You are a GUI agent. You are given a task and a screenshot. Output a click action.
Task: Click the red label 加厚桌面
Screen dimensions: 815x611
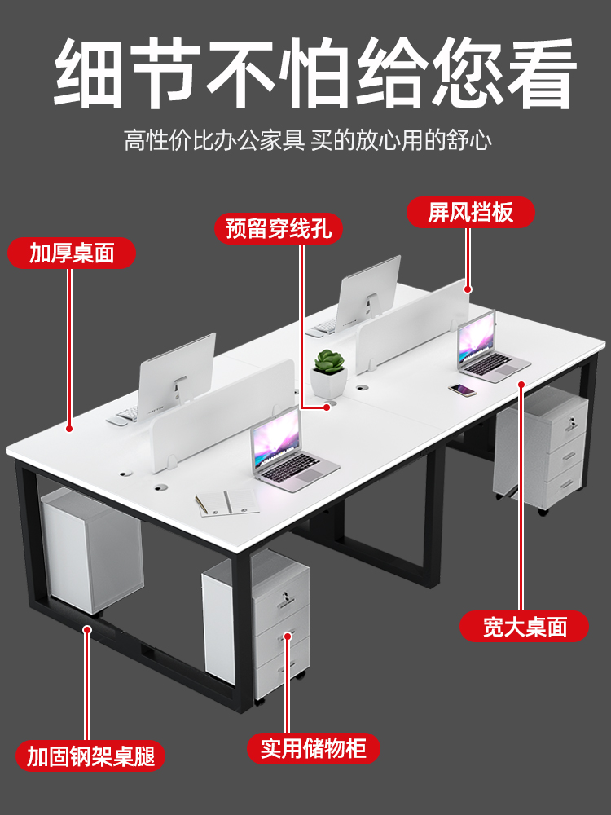tap(72, 253)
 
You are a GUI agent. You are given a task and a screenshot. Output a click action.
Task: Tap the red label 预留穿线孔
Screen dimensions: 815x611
tap(279, 228)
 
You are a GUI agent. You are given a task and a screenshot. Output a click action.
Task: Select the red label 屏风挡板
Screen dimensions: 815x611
tap(471, 214)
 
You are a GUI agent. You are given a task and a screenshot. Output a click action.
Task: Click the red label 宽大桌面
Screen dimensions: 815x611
tap(524, 627)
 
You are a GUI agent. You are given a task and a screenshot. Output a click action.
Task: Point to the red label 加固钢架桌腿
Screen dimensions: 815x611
tap(95, 756)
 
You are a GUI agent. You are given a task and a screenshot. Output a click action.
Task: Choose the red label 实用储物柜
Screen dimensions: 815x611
tap(314, 748)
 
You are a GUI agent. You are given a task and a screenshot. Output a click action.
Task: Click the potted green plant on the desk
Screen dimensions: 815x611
tap(329, 372)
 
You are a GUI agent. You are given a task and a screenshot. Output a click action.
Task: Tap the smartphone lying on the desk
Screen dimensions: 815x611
tap(463, 390)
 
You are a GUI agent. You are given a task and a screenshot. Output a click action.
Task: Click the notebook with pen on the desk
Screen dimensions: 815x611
tap(226, 502)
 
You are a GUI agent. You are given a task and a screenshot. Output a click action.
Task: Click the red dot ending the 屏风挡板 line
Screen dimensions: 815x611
tap(468, 289)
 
